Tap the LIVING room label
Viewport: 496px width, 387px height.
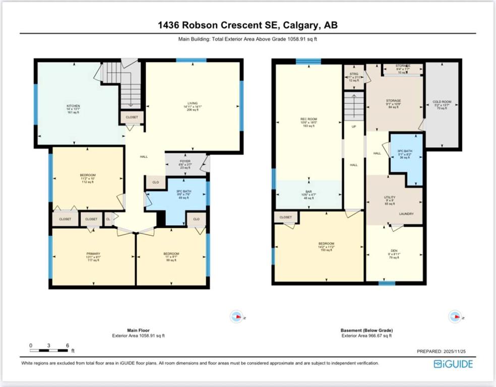[x=192, y=103]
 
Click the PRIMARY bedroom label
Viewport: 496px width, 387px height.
[x=93, y=253]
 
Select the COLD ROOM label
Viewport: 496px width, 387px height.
[x=442, y=102]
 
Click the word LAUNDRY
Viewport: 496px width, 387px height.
[x=406, y=214]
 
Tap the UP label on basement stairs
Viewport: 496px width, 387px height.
[x=354, y=126]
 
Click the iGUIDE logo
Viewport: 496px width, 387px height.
[x=453, y=364]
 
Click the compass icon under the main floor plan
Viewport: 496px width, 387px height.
[x=235, y=316]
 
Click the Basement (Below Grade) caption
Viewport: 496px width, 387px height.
[x=366, y=331]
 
